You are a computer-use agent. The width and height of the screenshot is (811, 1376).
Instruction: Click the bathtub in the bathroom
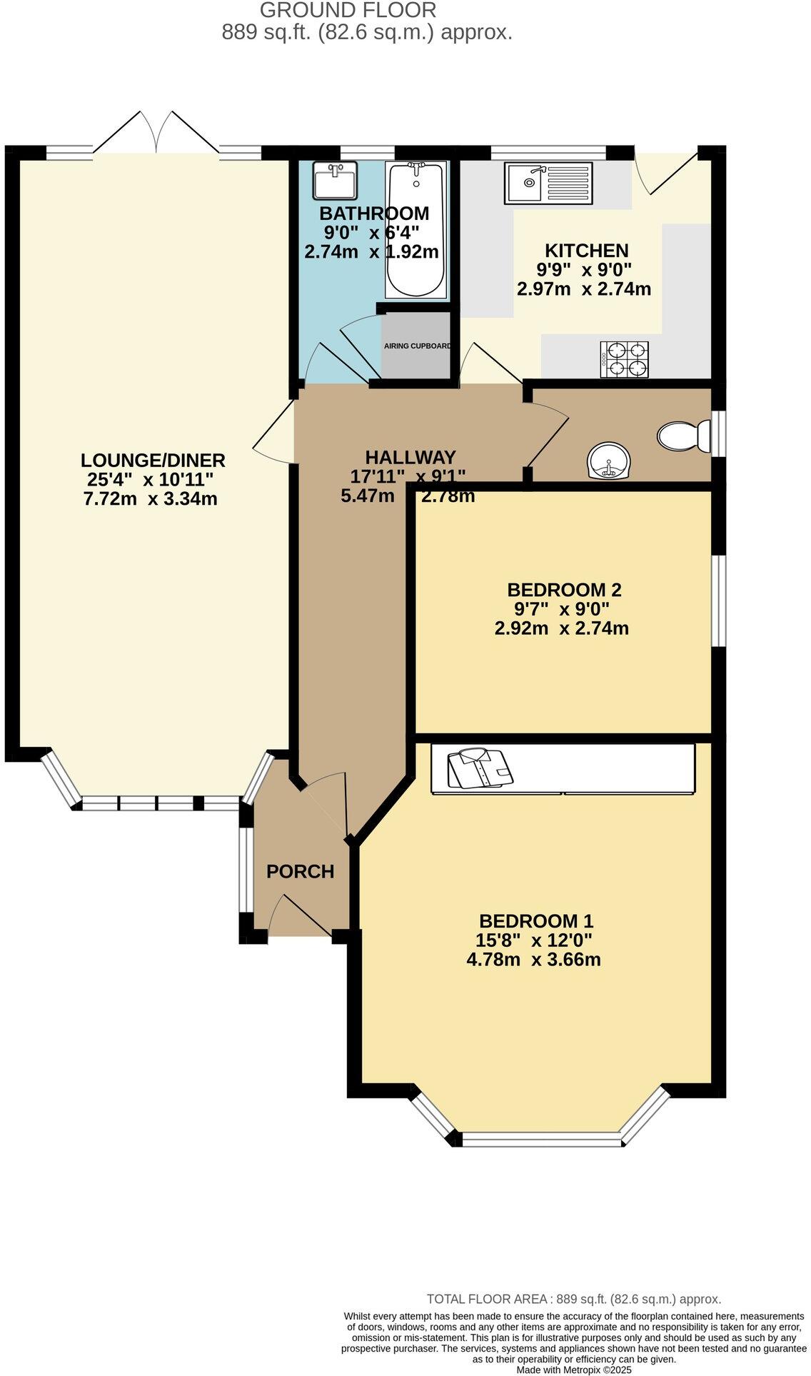pos(417,230)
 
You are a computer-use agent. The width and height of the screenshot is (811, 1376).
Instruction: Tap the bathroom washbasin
pos(334,181)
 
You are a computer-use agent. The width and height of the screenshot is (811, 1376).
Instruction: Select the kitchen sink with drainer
pos(548,183)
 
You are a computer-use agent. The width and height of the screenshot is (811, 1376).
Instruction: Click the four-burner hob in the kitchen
pos(625,359)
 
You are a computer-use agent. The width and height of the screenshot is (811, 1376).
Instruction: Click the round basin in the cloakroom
pos(609,461)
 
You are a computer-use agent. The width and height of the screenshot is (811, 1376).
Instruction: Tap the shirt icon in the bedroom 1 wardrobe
pos(480,768)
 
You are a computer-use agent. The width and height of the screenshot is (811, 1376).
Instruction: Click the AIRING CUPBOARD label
pos(418,346)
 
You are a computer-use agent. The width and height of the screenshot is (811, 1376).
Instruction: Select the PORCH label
pos(300,871)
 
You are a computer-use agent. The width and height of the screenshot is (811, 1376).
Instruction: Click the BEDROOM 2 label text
pos(564,590)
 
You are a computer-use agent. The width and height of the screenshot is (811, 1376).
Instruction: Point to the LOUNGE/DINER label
pos(153,460)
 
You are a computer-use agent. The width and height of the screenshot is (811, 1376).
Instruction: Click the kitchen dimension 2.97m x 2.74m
pos(583,289)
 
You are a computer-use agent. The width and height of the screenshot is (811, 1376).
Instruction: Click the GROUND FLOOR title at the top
pos(348,10)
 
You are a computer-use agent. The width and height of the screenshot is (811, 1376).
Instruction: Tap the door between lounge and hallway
pos(275,432)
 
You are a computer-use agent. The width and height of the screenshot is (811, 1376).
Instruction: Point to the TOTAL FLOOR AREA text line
pos(573,1299)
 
